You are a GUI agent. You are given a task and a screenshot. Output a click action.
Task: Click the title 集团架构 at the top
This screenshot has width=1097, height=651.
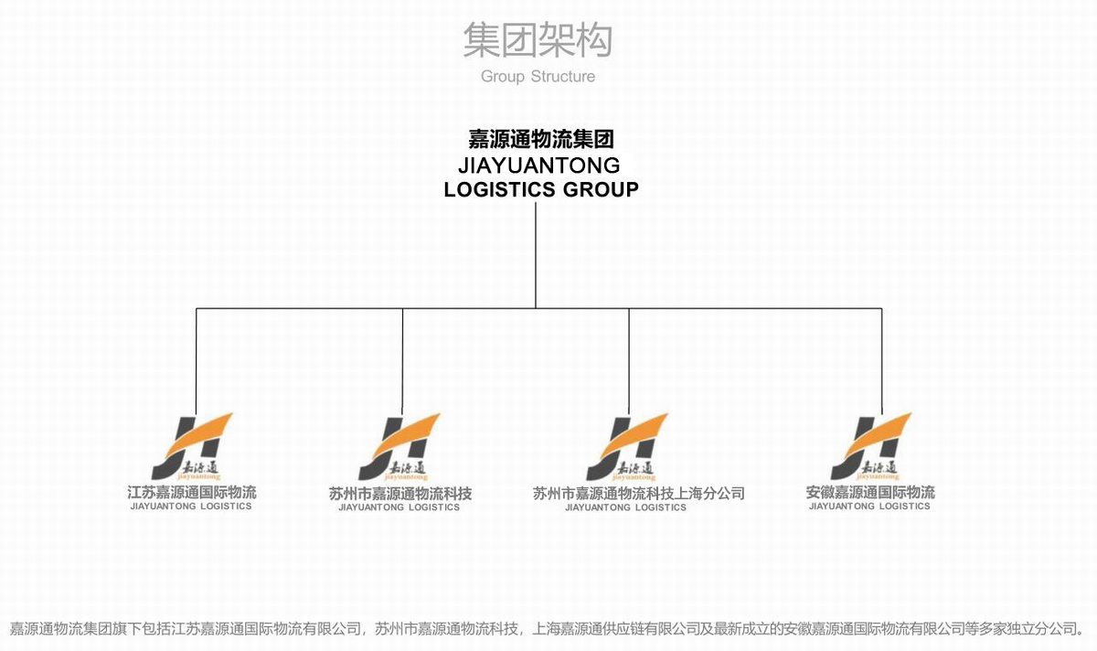(537, 40)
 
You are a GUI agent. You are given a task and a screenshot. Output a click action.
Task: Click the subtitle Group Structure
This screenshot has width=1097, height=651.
(538, 77)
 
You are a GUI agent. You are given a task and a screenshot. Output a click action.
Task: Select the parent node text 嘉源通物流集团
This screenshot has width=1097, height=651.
(540, 140)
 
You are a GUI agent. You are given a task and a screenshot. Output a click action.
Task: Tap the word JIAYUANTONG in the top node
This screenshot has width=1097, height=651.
(539, 165)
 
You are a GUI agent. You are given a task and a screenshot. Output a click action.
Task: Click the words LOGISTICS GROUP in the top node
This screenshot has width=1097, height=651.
(540, 189)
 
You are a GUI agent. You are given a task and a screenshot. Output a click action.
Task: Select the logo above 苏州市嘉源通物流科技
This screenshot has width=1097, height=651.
(399, 447)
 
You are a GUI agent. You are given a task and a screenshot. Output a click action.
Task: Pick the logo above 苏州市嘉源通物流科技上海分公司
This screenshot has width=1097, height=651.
(626, 447)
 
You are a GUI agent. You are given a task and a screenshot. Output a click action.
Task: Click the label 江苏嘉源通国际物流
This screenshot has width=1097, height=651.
(192, 493)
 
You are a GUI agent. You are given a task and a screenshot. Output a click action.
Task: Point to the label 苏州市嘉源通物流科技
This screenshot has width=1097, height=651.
(400, 494)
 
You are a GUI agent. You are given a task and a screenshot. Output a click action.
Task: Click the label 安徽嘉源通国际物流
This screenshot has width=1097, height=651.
(869, 493)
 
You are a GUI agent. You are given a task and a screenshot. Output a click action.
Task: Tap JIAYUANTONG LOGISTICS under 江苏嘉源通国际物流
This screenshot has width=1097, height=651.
(191, 507)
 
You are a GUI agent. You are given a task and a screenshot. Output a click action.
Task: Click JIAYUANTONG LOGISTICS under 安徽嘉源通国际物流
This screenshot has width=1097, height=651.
(869, 507)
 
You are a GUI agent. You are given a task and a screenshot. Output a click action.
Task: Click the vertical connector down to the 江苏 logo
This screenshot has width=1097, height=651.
(197, 361)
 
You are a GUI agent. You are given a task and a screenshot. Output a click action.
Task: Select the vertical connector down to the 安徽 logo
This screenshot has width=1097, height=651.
(882, 361)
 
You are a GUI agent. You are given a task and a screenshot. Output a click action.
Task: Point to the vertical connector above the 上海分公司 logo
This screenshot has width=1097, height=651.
(629, 361)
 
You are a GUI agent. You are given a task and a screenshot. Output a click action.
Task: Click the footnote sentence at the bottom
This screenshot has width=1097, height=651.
(547, 629)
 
